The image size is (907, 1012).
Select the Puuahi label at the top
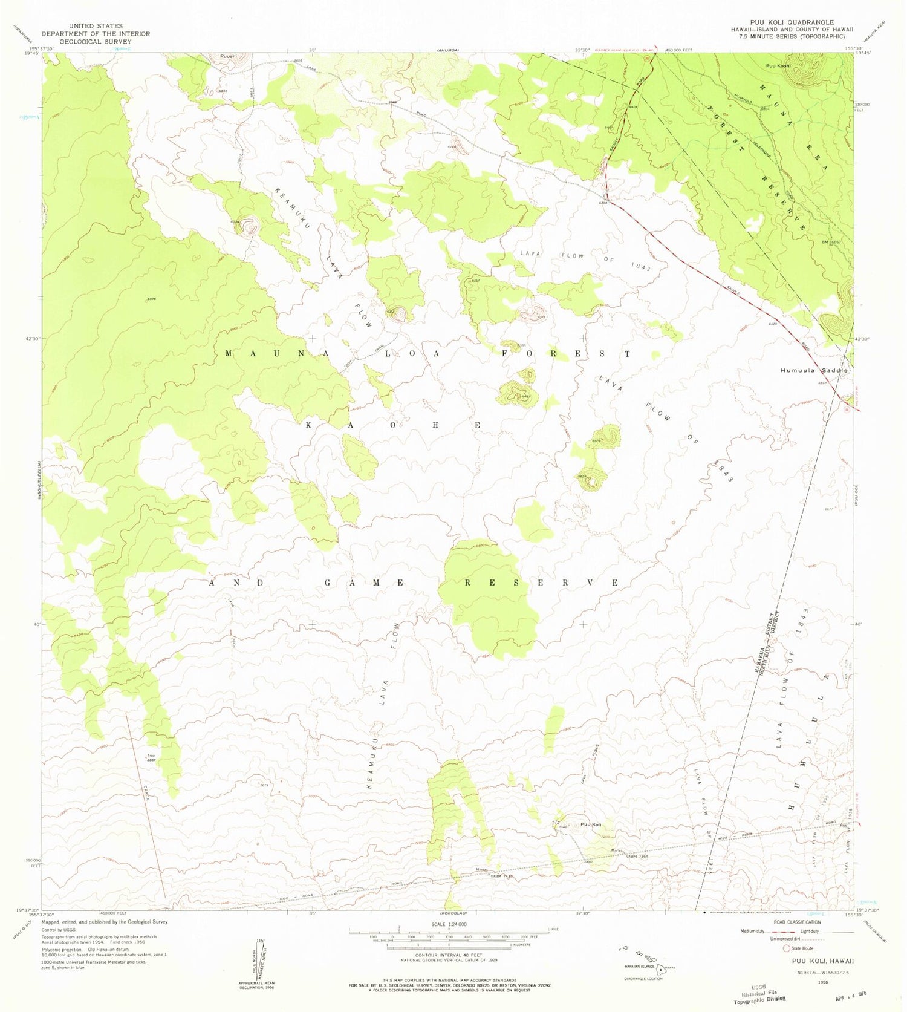coord(228,57)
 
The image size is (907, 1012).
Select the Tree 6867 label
coord(151,758)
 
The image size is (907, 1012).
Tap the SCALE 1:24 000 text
coord(449,924)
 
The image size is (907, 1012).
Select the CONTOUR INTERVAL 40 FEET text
coord(449,955)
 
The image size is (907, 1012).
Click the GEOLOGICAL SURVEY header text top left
coord(95,42)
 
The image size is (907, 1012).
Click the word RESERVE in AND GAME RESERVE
coord(541,583)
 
